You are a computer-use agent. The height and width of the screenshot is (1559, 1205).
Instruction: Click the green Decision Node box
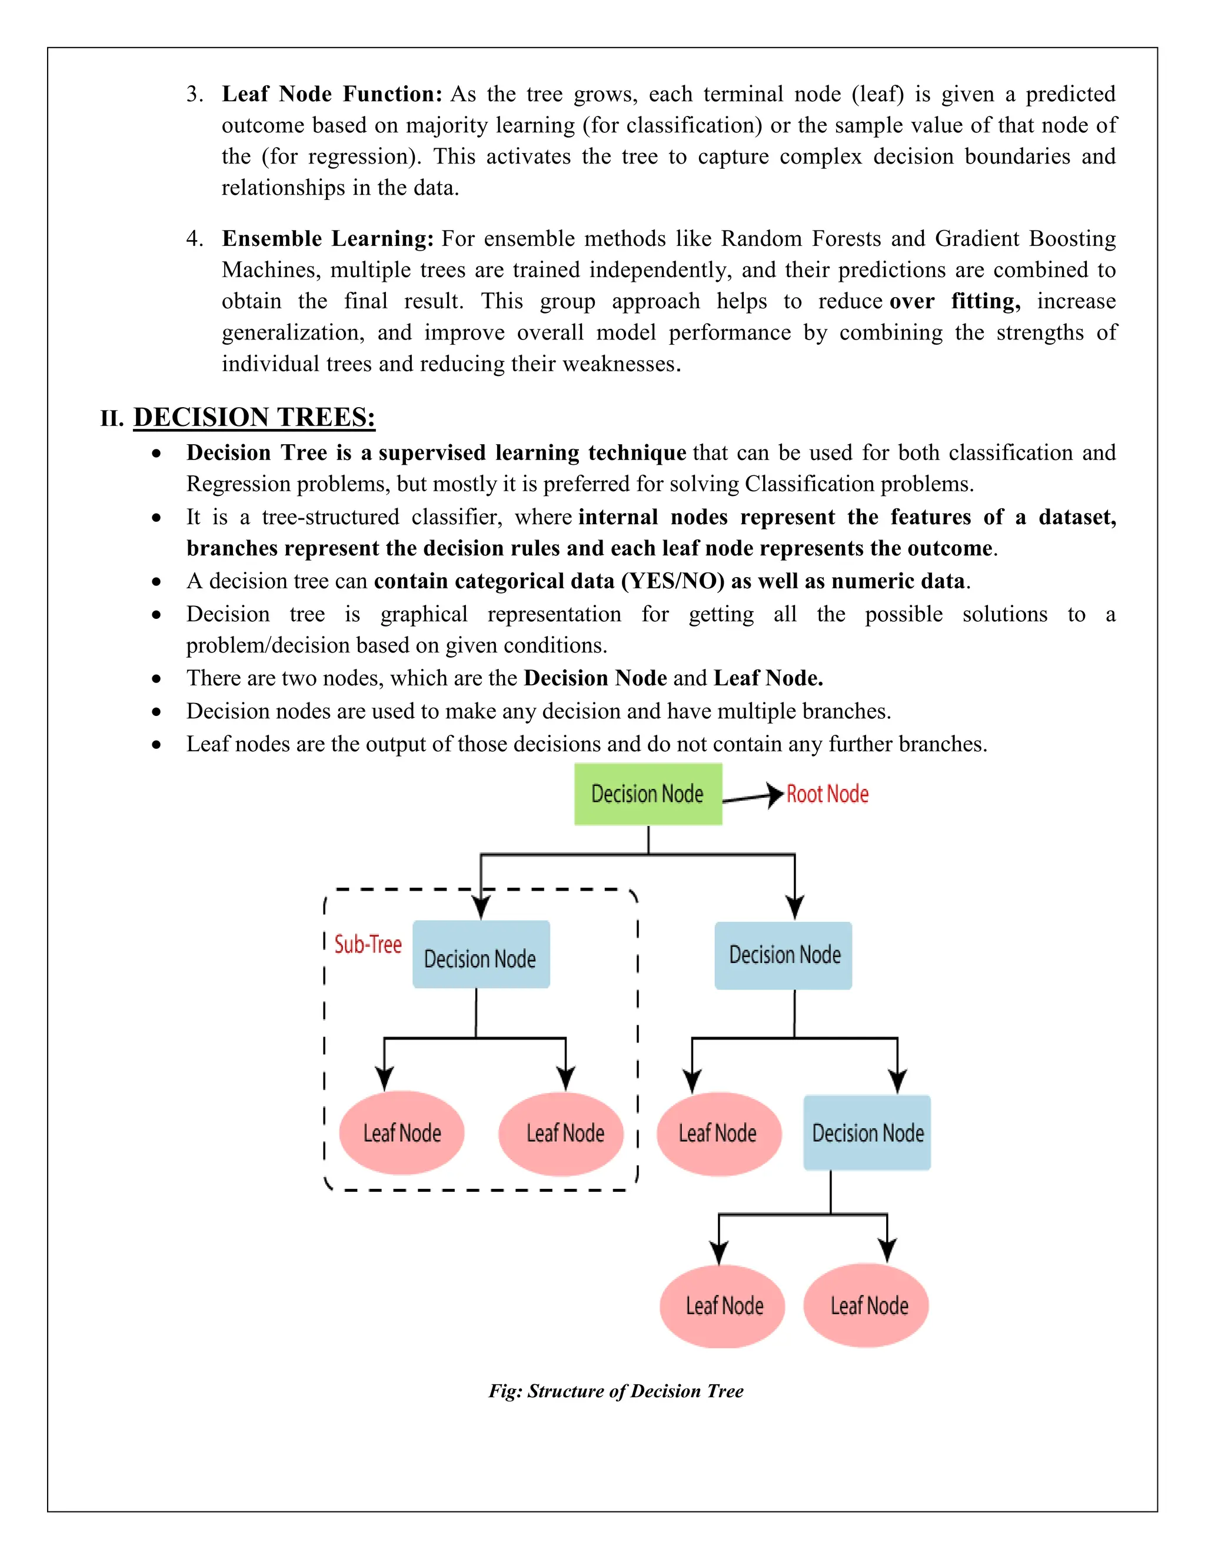[x=647, y=794]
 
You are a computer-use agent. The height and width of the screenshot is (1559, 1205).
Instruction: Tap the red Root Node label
[x=827, y=794]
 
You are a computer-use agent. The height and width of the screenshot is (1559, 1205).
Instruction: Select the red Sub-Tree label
[x=368, y=944]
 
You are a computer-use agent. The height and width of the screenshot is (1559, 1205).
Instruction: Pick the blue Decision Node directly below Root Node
[x=783, y=955]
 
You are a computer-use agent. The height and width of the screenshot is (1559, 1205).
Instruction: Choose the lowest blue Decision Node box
[x=867, y=1133]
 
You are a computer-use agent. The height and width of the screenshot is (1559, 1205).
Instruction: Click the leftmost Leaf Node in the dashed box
[x=401, y=1133]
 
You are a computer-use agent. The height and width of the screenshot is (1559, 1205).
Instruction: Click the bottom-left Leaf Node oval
[x=723, y=1305]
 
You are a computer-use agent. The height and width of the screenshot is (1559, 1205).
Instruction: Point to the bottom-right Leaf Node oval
[x=868, y=1305]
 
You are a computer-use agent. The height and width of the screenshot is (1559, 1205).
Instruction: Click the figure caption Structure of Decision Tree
[x=615, y=1391]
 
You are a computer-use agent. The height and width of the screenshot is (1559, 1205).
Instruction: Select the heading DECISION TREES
[x=254, y=417]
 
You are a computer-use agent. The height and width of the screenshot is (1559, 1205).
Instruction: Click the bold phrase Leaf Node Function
[x=332, y=94]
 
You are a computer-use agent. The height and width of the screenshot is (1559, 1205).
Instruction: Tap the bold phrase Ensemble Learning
[x=328, y=238]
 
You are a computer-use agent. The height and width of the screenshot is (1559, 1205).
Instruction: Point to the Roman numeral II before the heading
[x=111, y=418]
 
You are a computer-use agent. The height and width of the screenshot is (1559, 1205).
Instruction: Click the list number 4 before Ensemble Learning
[x=193, y=238]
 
